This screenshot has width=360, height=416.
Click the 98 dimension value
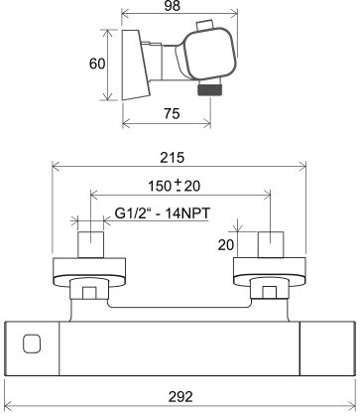point(172,6)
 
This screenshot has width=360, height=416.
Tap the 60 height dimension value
point(97,64)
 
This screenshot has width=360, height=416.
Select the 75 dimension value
point(172,113)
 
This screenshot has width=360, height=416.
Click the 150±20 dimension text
point(174,186)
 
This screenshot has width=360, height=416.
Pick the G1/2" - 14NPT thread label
point(163,213)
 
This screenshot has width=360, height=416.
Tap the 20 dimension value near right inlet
point(226,245)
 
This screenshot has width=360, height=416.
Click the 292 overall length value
point(180,396)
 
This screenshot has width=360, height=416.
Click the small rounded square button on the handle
point(32,344)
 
